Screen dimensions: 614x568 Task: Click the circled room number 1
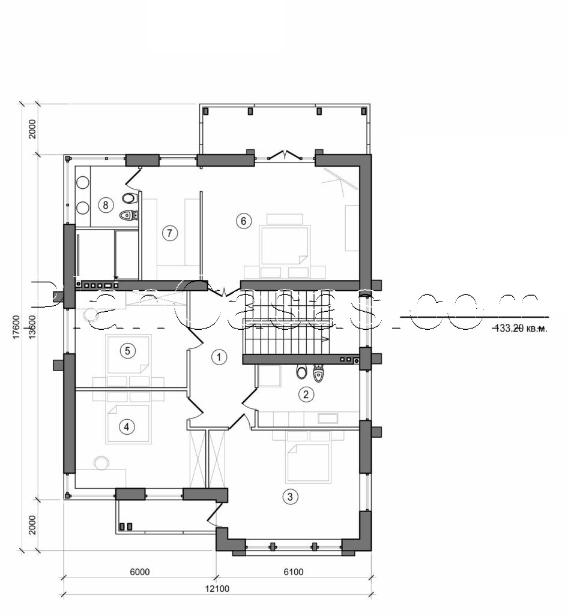click(219, 357)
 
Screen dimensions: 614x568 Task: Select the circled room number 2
click(306, 394)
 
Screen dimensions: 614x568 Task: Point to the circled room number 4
click(126, 427)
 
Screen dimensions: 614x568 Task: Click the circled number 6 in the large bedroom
click(243, 221)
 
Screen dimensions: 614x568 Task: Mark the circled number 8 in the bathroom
click(106, 205)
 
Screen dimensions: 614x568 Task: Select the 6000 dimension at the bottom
click(139, 572)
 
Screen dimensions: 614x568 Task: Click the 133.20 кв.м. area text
click(520, 328)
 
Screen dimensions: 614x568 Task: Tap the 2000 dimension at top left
click(33, 130)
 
